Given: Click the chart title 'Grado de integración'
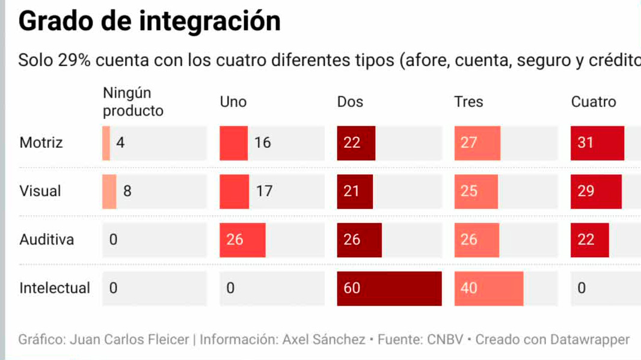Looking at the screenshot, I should click(150, 21).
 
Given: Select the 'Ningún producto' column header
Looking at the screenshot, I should click(133, 102).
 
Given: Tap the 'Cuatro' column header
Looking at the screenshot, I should click(593, 102).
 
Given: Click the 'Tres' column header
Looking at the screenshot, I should click(468, 102).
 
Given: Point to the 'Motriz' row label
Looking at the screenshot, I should click(41, 143).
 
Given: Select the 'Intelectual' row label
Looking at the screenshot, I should click(55, 288).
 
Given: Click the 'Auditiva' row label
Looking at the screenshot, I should click(47, 240).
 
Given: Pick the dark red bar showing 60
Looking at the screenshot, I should click(389, 288).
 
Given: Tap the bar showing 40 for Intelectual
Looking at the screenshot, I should click(488, 288).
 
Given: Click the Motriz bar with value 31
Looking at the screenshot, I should click(597, 143).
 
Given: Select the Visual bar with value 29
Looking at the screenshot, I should click(596, 191).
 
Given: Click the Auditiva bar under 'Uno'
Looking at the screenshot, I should click(242, 240).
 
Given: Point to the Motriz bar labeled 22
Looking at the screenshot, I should click(356, 143).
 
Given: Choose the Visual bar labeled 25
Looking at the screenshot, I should click(476, 191).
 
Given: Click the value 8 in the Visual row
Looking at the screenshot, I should click(127, 191).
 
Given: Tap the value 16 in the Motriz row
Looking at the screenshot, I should click(263, 143).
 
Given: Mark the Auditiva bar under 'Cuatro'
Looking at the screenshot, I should click(589, 240).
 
